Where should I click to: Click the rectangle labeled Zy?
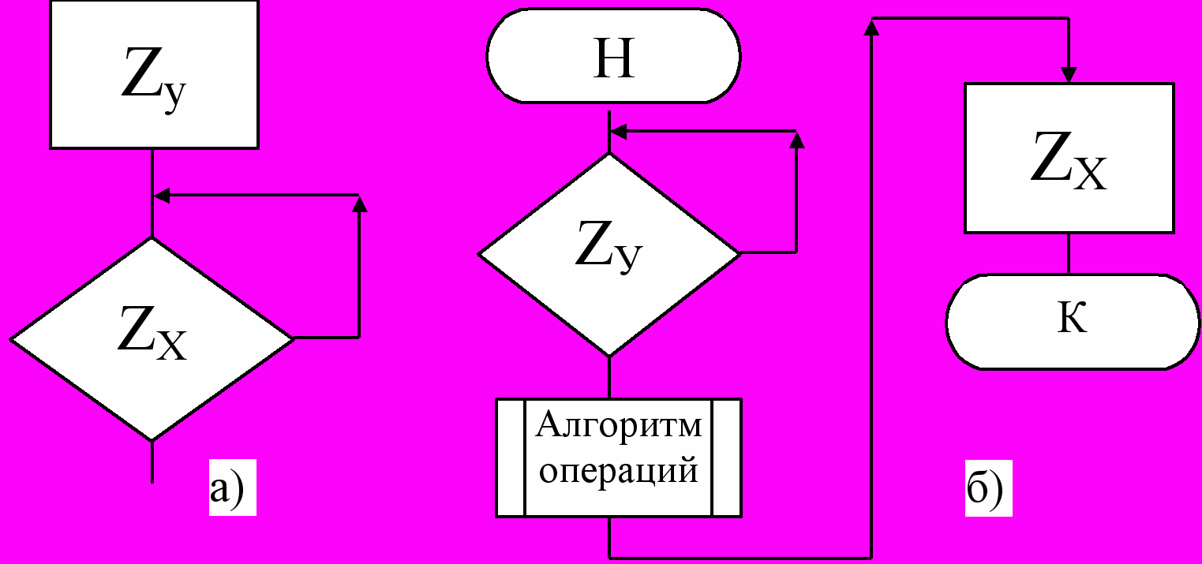tap(155, 74)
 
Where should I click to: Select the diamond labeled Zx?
tap(152, 338)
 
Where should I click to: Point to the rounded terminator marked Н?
tap(613, 55)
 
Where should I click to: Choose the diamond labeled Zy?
tap(608, 253)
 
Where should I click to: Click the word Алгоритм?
tap(618, 426)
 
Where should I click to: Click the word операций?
tap(618, 471)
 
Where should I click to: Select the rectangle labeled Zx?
tap(1068, 158)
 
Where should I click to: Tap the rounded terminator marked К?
tap(1072, 321)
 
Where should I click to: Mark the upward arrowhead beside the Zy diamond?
tap(796, 141)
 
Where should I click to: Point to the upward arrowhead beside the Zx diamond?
tap(359, 204)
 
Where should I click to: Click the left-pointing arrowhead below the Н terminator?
tap(618, 131)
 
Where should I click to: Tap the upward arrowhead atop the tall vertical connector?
tap(871, 28)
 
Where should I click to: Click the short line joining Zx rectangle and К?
tap(1069, 253)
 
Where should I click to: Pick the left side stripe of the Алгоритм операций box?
tap(511, 458)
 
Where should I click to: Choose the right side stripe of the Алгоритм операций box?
tap(726, 458)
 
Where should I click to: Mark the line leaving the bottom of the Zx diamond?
tap(152, 461)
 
